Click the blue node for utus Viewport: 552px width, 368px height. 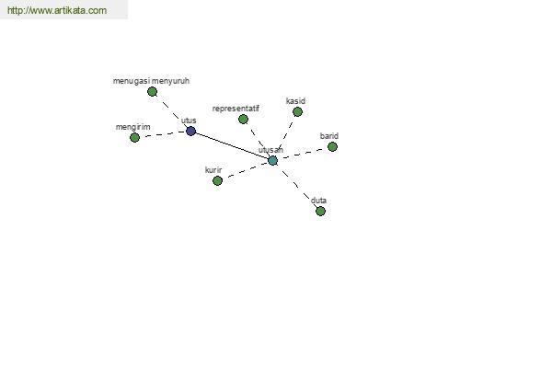190,131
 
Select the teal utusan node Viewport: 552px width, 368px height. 273,161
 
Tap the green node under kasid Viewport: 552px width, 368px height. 297,112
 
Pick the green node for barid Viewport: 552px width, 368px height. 332,146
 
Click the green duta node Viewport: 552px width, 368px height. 320,211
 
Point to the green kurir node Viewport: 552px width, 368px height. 217,180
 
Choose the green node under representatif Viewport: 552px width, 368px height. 243,119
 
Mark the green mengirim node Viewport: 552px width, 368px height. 134,137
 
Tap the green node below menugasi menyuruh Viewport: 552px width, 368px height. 152,92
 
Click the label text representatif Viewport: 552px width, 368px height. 236,109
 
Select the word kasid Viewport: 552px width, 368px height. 295,101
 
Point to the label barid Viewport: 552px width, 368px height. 329,136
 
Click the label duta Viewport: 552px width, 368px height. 318,201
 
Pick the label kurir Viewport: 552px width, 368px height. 213,170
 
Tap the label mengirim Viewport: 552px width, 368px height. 133,127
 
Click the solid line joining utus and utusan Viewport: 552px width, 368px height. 232,145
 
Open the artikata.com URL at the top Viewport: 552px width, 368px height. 57,10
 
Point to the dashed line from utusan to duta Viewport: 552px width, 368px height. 297,186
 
